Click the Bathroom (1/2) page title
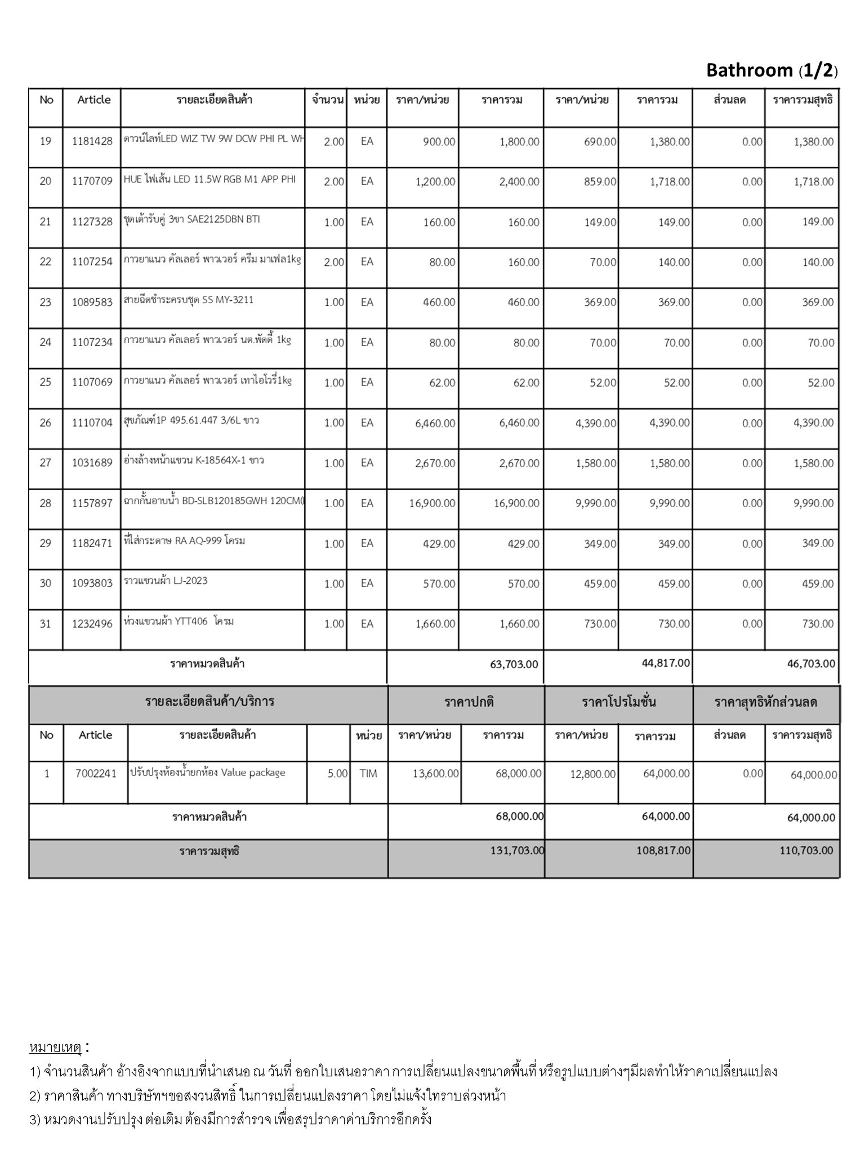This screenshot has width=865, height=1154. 772,70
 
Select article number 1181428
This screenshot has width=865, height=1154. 92,141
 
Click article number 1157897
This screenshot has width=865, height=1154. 92,503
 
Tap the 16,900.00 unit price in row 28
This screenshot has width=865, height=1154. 432,503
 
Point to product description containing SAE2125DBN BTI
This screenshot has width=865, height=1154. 191,220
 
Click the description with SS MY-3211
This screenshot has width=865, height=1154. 188,300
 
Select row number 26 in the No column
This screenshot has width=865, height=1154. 46,423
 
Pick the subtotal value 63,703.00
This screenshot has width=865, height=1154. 514,664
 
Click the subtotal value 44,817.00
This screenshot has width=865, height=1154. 666,663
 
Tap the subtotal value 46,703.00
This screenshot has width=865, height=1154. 811,664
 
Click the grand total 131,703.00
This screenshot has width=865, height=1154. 517,850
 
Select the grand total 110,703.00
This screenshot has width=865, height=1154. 806,850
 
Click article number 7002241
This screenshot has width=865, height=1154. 96,774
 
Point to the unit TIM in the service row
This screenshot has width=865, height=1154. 368,774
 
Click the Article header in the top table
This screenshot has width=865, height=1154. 94,100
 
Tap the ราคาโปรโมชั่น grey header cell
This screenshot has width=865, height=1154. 618,702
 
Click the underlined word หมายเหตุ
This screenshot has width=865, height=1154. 56,1048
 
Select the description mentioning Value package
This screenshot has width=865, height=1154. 207,773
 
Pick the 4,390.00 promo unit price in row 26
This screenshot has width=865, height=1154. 595,423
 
